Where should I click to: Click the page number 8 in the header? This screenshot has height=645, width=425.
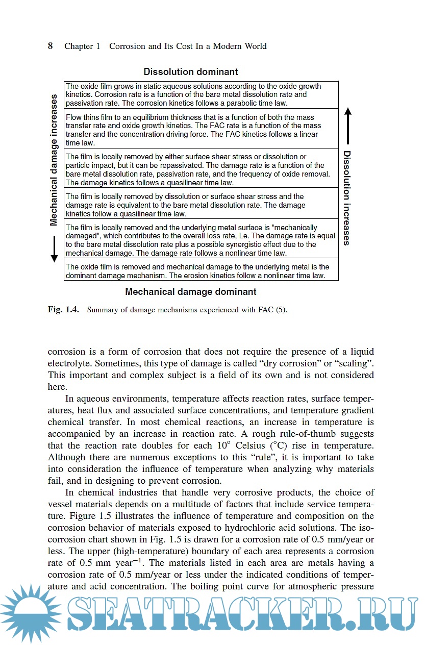click(x=51, y=46)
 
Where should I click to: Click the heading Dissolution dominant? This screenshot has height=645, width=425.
click(x=191, y=72)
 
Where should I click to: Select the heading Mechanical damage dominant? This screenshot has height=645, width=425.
click(x=191, y=292)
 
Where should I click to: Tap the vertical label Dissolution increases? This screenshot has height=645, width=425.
click(x=347, y=198)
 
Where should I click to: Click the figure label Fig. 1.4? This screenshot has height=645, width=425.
click(x=63, y=310)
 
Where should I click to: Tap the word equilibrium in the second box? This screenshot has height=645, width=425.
click(x=148, y=117)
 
